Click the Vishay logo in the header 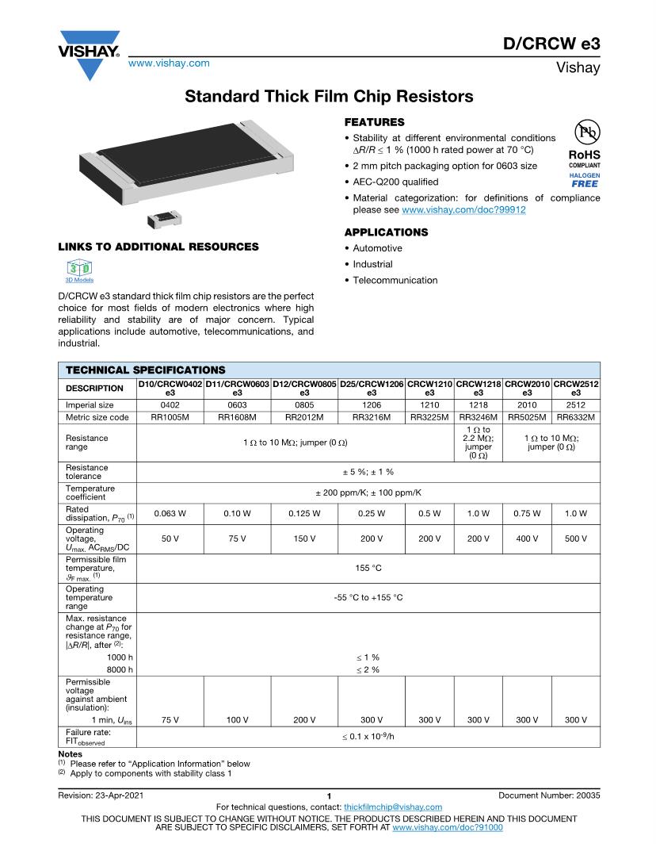88,54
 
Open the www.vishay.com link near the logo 169,63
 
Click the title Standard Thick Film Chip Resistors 329,97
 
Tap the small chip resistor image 162,217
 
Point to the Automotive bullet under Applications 377,248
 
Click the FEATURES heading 374,122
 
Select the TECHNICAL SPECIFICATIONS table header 145,370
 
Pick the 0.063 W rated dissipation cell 170,514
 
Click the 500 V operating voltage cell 575,538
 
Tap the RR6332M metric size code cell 575,417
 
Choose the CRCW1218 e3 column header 479,388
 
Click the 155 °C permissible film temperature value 368,569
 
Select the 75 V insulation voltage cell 170,719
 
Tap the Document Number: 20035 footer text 550,795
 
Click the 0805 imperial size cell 304,404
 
